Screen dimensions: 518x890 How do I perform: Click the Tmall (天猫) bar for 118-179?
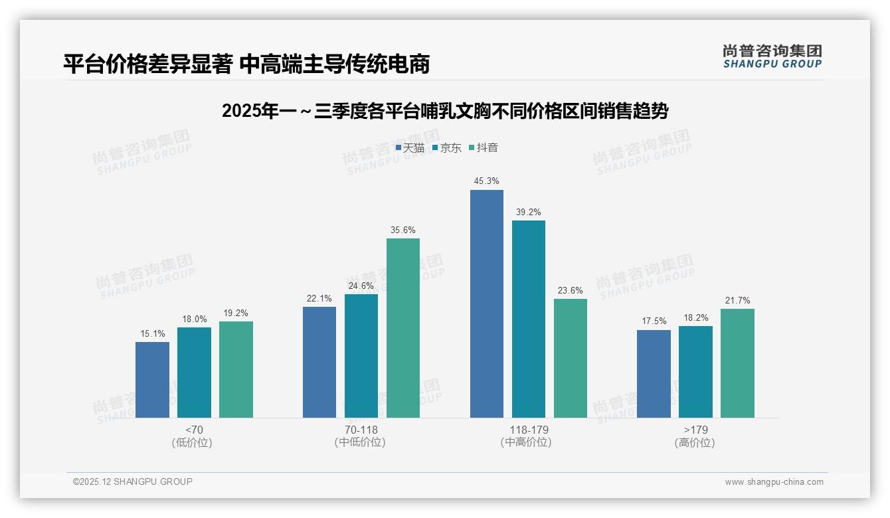(x=487, y=303)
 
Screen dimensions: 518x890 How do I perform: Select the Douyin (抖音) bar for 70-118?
(x=403, y=328)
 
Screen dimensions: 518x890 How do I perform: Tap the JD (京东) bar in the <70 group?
(x=194, y=373)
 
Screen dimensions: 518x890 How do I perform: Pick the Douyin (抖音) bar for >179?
(x=737, y=363)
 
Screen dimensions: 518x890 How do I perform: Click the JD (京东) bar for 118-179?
(x=529, y=319)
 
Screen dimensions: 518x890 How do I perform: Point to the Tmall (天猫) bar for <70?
(x=152, y=380)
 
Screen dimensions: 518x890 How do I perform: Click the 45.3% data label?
(x=487, y=181)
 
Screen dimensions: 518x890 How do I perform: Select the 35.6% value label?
(x=403, y=230)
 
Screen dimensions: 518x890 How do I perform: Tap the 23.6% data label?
(x=571, y=290)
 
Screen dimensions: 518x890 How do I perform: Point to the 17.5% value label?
(x=654, y=321)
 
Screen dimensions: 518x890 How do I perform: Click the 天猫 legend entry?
(x=410, y=147)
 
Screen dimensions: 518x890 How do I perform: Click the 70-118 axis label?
(x=361, y=430)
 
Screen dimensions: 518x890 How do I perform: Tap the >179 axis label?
(x=695, y=430)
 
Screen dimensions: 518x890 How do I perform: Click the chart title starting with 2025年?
(x=445, y=111)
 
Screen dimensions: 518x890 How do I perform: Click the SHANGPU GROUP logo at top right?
(x=772, y=56)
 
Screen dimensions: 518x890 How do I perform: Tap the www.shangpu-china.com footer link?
(x=774, y=482)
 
